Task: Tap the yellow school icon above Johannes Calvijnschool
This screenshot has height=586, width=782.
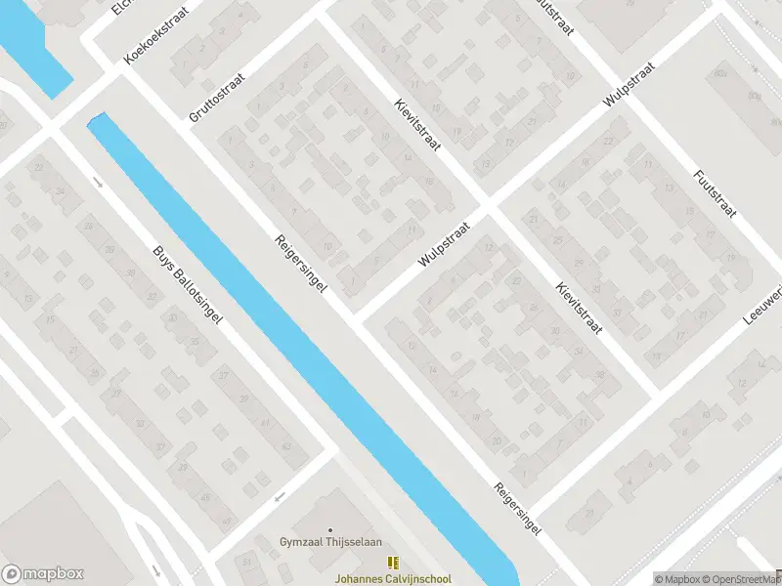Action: [x=392, y=563]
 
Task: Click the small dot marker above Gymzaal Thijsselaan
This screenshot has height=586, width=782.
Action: [x=329, y=529]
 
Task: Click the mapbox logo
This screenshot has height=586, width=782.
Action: [x=42, y=573]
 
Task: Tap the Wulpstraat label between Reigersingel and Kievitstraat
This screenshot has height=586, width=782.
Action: [x=444, y=243]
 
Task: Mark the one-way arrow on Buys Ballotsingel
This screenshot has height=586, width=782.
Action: [x=97, y=182]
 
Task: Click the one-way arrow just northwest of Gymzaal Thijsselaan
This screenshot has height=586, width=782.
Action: [x=280, y=497]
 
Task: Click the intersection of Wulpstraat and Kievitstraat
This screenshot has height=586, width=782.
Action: [x=489, y=207]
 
